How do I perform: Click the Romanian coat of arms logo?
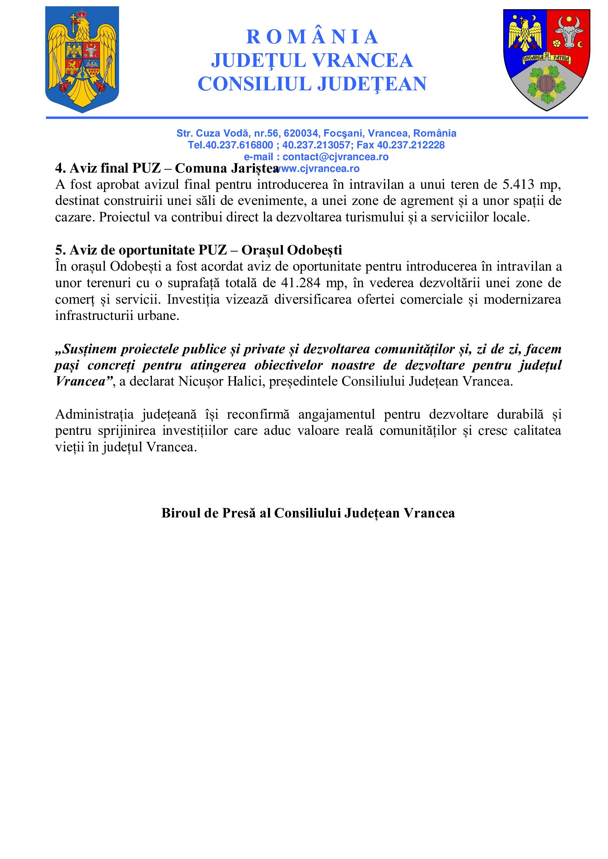(x=82, y=60)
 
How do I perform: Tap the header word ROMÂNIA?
(x=312, y=37)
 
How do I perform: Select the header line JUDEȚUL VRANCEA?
(x=312, y=61)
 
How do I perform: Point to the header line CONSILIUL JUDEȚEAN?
(x=312, y=84)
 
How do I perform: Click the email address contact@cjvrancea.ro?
(x=335, y=157)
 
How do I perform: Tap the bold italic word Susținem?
(x=85, y=349)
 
